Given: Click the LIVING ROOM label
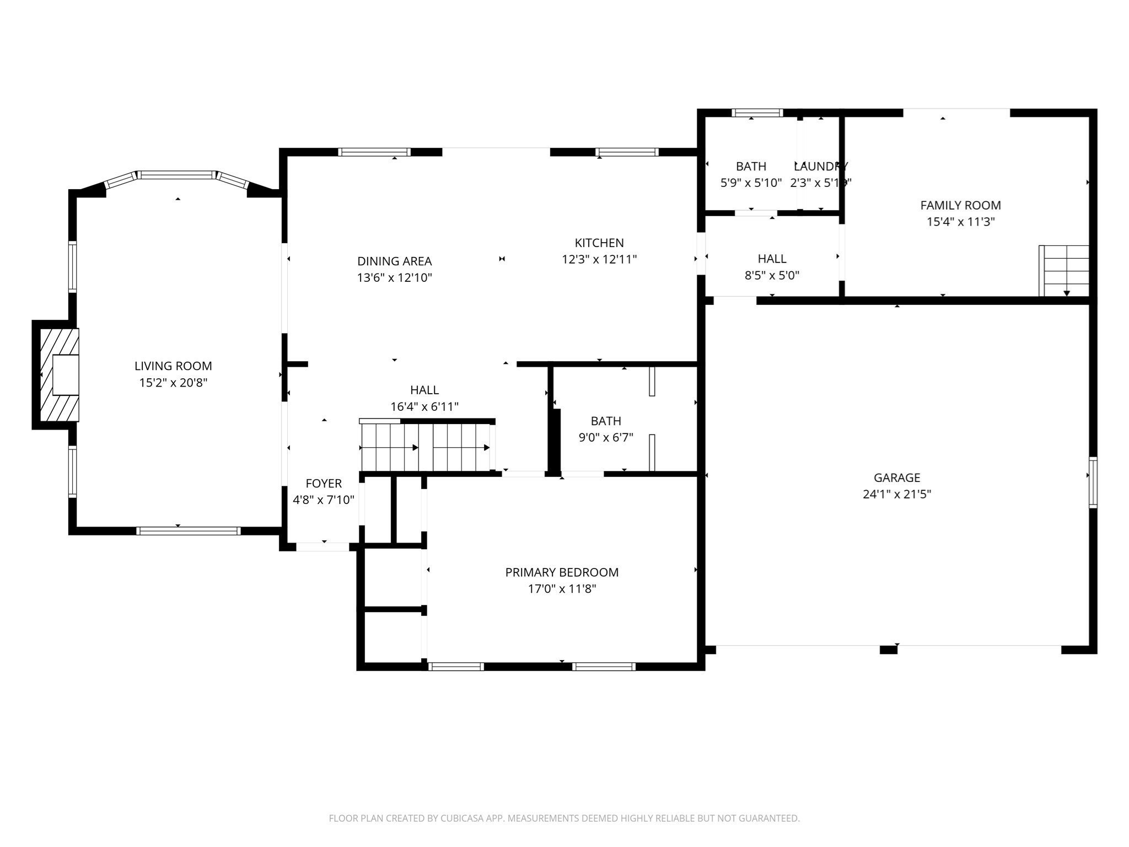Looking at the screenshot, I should [x=173, y=366].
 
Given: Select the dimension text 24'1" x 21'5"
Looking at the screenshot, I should [x=896, y=494].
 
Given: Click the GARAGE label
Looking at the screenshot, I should [x=896, y=478].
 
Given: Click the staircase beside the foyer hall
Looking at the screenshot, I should [x=426, y=447].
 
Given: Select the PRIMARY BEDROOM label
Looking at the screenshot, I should [x=562, y=572].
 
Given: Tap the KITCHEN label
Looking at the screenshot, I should [x=599, y=243].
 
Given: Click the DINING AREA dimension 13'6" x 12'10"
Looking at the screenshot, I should [x=394, y=277].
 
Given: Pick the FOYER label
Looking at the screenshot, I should [x=324, y=484].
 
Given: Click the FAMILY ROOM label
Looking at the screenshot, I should [x=960, y=205].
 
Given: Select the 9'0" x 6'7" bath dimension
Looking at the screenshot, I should [x=605, y=438].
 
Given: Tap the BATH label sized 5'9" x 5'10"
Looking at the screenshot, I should [x=751, y=166].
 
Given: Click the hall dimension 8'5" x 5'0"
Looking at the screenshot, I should [x=772, y=275].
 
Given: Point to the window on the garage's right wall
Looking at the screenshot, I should [x=1093, y=482].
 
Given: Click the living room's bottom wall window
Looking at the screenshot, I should [x=188, y=531].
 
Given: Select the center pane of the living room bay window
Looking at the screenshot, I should [x=176, y=175].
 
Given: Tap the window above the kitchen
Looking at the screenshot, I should [x=627, y=152].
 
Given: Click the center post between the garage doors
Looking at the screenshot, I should [x=888, y=650].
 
